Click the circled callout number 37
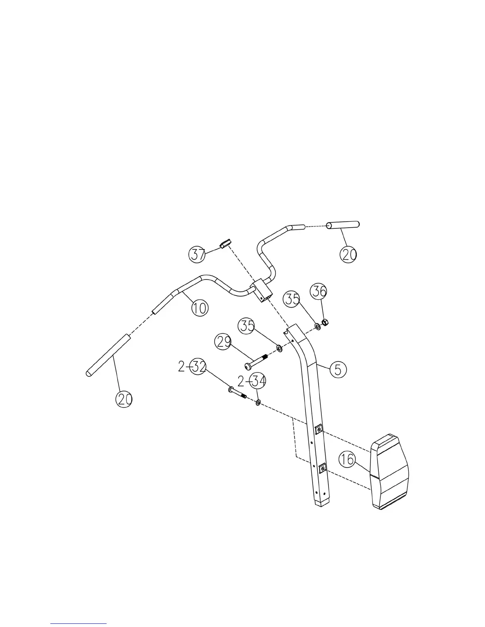pos(197,254)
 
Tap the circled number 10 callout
pos(200,308)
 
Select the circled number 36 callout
pos(319,291)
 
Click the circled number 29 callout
pos(223,342)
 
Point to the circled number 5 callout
pos(338,369)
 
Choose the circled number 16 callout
pos(347,460)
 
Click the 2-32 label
pos(193,367)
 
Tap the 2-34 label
pos(252,381)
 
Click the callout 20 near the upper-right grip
pos(348,255)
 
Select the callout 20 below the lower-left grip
pos(124,399)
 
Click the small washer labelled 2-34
pos(258,403)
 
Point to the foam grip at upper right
pos(343,225)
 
